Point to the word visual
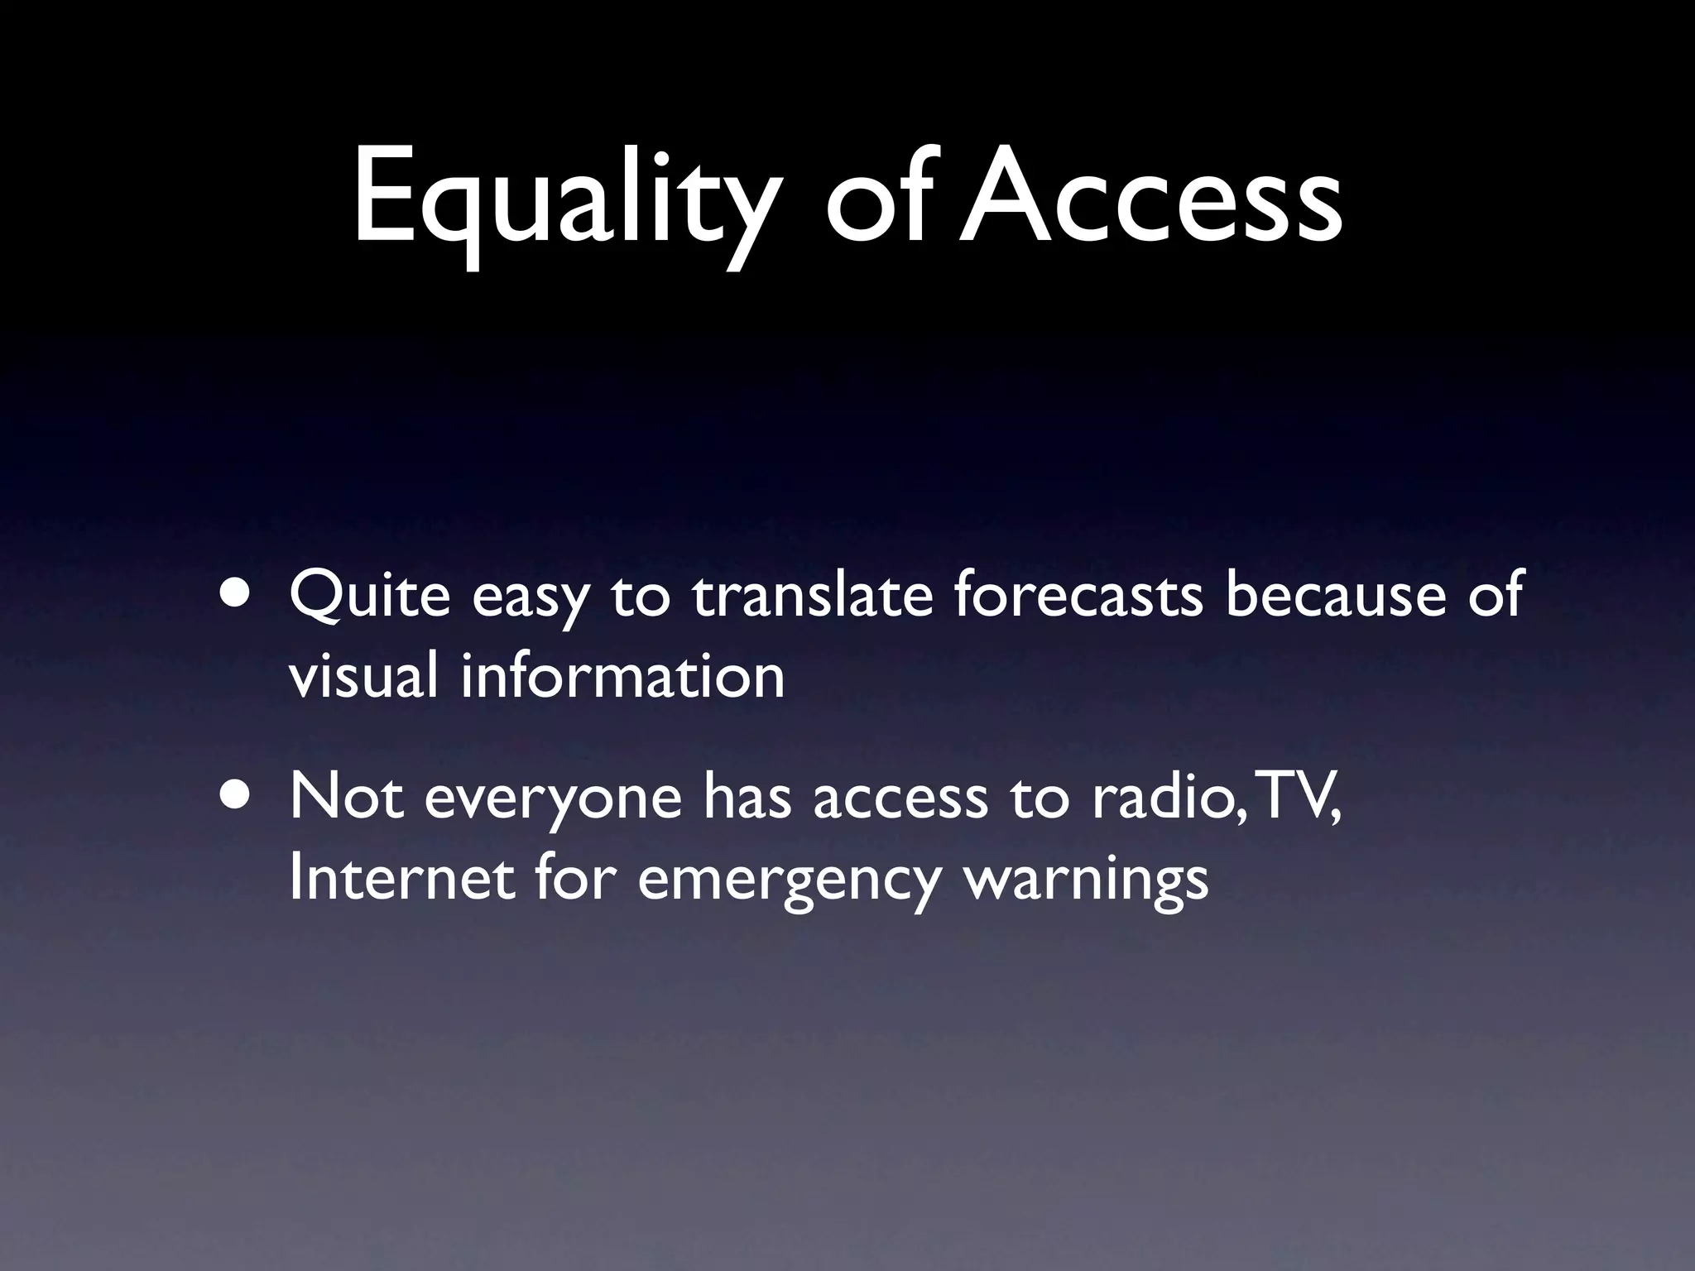click(363, 675)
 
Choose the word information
click(622, 675)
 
